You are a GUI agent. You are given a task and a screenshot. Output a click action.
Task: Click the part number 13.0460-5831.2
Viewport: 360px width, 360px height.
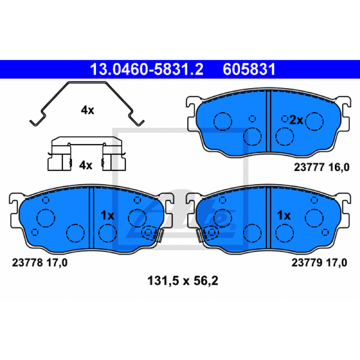[x=147, y=69]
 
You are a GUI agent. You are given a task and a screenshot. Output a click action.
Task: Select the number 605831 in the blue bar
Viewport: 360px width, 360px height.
[x=249, y=69]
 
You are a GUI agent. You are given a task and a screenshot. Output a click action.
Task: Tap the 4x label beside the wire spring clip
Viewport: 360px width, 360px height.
[x=87, y=110]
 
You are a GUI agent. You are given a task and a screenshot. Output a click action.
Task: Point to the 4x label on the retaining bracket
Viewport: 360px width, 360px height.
[x=85, y=165]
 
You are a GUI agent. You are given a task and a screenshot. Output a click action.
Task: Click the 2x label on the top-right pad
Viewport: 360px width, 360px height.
[x=296, y=120]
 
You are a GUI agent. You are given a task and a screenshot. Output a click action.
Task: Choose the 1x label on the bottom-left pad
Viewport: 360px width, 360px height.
[x=107, y=216]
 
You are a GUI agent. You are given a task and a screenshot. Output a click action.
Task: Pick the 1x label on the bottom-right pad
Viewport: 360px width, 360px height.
[x=284, y=216]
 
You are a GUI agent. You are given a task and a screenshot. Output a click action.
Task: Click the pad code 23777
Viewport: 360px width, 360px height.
[x=309, y=167]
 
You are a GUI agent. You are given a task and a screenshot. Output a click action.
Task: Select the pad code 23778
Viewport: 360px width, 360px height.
[x=27, y=262]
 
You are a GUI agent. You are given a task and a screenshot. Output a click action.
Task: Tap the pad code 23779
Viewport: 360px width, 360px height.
[x=307, y=262]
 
